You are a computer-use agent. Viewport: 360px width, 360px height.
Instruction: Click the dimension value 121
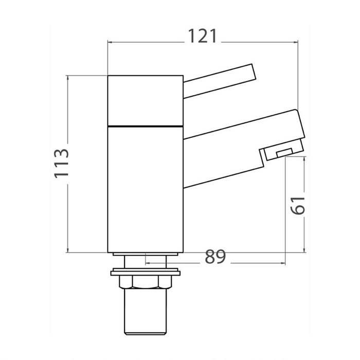pos(202,36)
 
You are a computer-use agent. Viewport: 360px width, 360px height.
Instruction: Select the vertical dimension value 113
pos(62,164)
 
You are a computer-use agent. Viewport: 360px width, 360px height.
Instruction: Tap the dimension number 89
pos(215,257)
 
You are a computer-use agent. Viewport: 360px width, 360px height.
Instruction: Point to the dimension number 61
pos(298,206)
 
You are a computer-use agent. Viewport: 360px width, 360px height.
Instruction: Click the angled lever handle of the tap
pos(220,81)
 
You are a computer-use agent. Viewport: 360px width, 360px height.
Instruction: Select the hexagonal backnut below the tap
pos(146,282)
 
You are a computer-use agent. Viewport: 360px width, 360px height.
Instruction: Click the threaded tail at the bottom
pos(145,311)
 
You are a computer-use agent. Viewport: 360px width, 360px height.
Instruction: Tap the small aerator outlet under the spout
pos(284,153)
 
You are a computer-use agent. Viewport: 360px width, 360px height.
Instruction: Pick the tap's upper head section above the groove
pos(146,101)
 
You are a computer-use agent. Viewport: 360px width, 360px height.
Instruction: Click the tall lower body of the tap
pos(146,189)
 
